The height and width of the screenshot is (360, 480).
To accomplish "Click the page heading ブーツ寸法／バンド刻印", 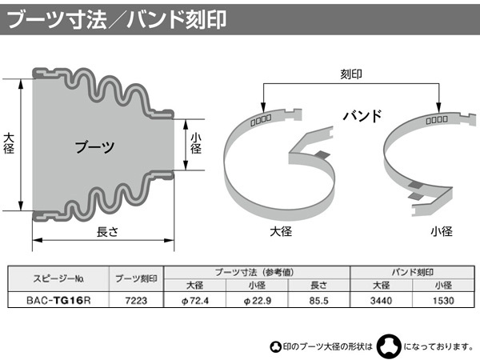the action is pyautogui.click(x=116, y=19).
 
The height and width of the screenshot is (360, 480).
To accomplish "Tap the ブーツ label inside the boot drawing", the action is pyautogui.click(x=95, y=147).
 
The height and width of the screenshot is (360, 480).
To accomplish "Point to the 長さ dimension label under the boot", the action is pyautogui.click(x=107, y=232).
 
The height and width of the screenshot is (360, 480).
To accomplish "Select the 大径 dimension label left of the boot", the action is pyautogui.click(x=9, y=143).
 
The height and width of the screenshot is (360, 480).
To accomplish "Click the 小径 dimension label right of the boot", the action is pyautogui.click(x=196, y=143).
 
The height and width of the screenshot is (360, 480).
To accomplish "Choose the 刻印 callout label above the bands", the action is pyautogui.click(x=351, y=74).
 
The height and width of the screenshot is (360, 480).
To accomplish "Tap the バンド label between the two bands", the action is pyautogui.click(x=362, y=116).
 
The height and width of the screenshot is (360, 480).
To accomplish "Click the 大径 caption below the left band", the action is pyautogui.click(x=281, y=231).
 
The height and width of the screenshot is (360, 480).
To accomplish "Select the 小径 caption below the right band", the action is pyautogui.click(x=442, y=231).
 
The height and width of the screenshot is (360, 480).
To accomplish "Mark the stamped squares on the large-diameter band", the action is pyautogui.click(x=261, y=120).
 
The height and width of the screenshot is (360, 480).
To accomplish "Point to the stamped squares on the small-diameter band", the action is pyautogui.click(x=437, y=120).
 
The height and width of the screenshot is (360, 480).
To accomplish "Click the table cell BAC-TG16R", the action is pyautogui.click(x=58, y=300).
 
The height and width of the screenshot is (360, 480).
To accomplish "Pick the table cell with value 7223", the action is pyautogui.click(x=136, y=300).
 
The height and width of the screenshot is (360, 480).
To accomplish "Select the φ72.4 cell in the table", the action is pyautogui.click(x=195, y=301).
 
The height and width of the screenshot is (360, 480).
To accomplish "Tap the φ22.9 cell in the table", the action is pyautogui.click(x=257, y=301).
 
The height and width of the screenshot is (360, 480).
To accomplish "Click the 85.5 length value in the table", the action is pyautogui.click(x=318, y=300).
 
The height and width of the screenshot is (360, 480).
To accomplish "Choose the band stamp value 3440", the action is pyautogui.click(x=381, y=300).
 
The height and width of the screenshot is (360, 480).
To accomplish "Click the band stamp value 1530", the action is pyautogui.click(x=443, y=300).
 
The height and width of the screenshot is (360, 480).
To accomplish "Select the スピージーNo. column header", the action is pyautogui.click(x=58, y=278).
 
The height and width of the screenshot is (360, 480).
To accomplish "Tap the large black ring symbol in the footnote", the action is pyautogui.click(x=389, y=346).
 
